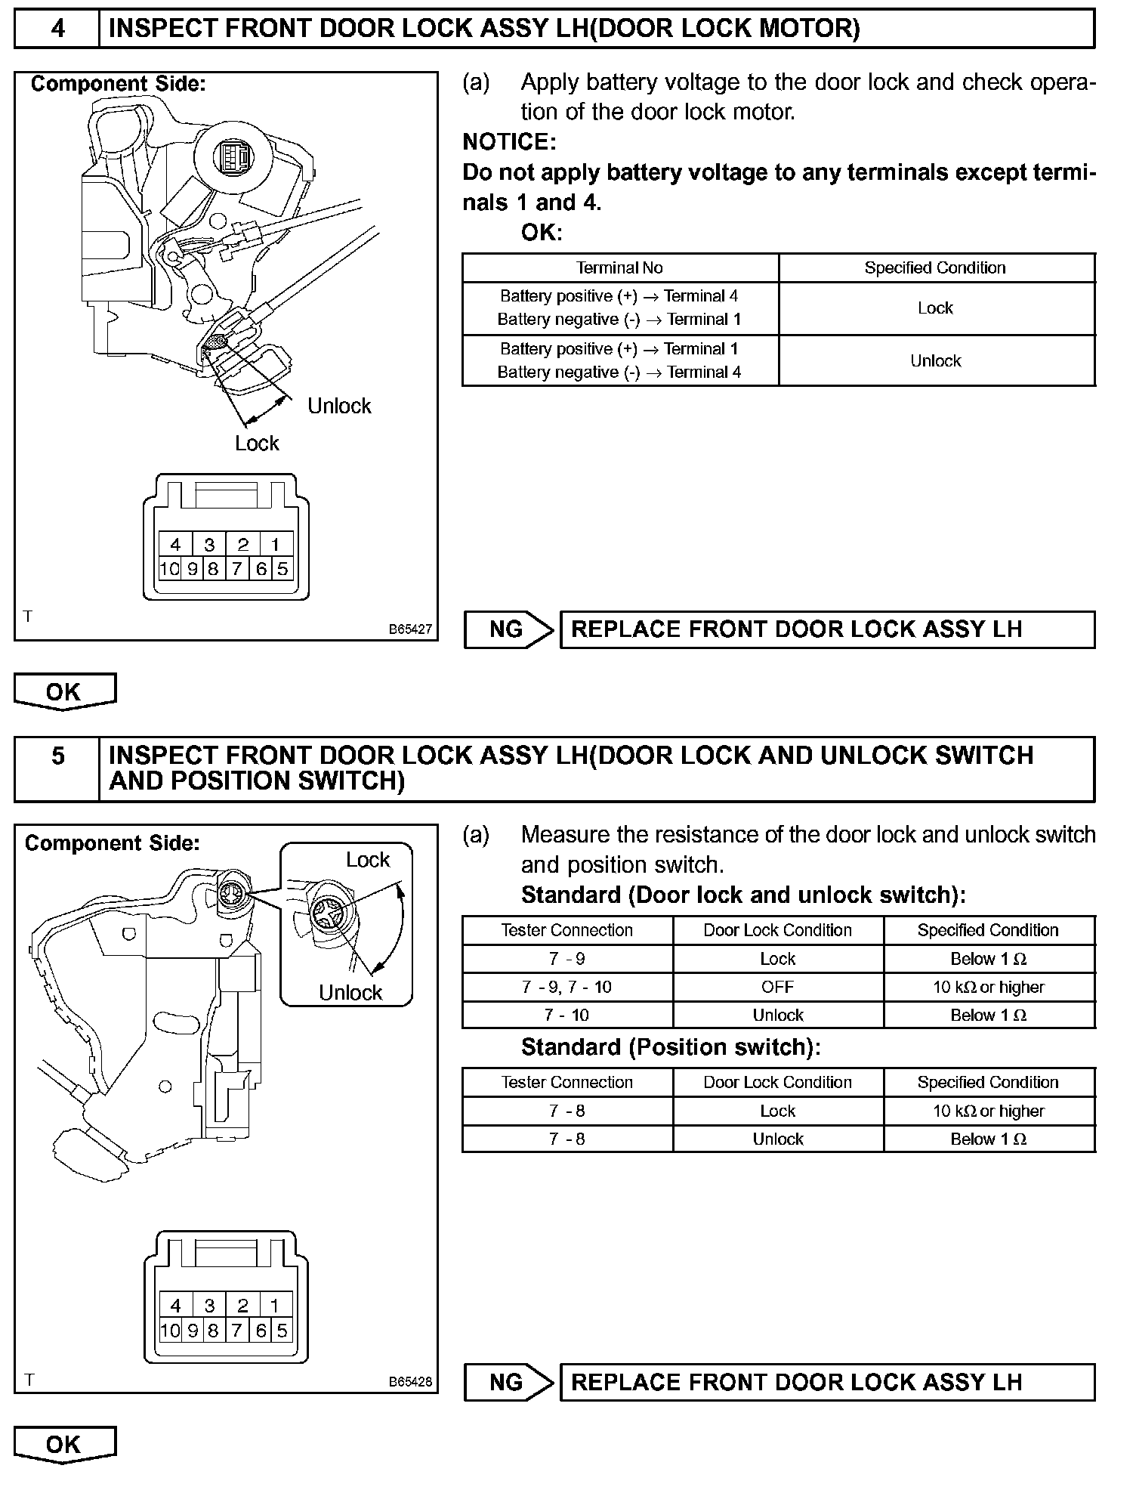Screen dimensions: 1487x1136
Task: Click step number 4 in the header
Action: tap(57, 29)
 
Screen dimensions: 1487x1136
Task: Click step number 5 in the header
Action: tap(57, 756)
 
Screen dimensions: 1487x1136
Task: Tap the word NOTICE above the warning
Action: tap(509, 141)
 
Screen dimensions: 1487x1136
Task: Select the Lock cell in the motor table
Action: tap(935, 308)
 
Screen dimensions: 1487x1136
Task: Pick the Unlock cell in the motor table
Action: tap(935, 361)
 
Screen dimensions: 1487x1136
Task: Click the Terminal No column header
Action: tap(619, 267)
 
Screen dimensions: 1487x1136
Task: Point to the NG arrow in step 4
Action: tap(509, 629)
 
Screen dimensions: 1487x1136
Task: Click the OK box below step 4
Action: tap(64, 691)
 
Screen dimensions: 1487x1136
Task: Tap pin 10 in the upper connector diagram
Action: tap(170, 569)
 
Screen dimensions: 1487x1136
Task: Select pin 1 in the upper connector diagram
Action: tap(276, 544)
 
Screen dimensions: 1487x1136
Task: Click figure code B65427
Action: tap(410, 629)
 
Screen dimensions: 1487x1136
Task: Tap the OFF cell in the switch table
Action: tap(777, 987)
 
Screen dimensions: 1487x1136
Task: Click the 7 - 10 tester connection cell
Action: tap(566, 1015)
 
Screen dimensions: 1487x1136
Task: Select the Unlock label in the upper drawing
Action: tap(339, 406)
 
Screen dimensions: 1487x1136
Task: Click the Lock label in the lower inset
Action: tap(368, 860)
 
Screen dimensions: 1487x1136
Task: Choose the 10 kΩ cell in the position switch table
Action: tap(988, 1111)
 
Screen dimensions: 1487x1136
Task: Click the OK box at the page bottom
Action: tap(64, 1444)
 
